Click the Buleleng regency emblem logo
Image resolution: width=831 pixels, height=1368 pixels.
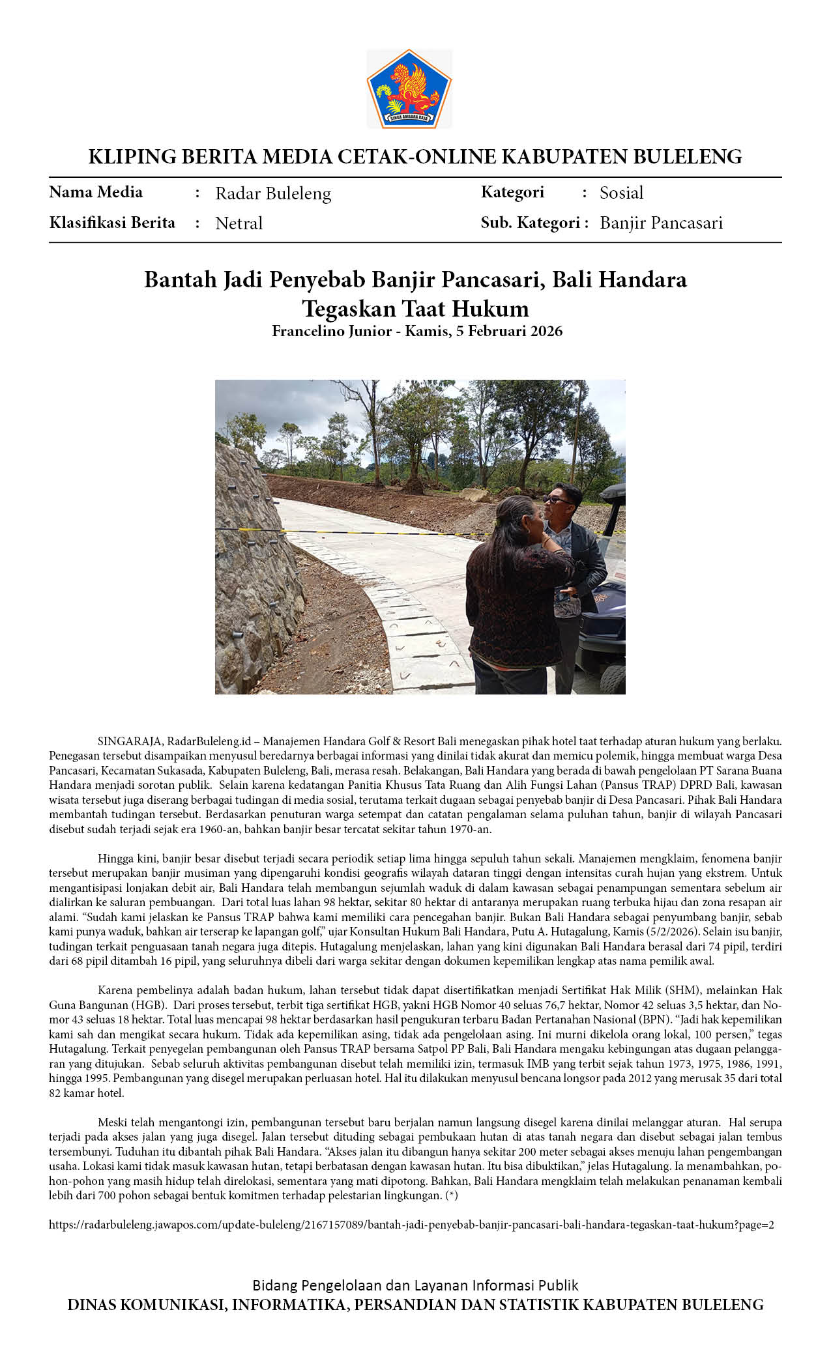409,89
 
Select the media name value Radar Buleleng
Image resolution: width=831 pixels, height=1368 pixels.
273,193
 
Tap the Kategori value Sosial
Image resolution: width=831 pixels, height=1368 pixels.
621,193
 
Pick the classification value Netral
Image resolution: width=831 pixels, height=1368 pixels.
239,223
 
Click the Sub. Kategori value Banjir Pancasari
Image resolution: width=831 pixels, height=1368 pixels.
661,223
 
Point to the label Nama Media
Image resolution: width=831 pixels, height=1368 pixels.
96,192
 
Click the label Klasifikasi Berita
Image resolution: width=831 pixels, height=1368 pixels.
112,223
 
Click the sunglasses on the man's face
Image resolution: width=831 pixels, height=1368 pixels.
559,500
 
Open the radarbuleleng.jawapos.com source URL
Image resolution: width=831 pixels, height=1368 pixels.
411,1225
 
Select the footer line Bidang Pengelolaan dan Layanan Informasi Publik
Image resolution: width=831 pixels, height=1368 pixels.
415,1285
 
